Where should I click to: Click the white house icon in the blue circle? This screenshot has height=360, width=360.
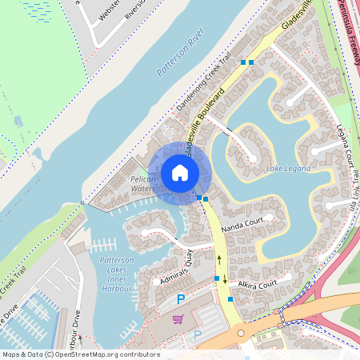pos(180,173)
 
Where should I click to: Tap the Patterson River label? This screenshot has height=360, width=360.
pos(181,58)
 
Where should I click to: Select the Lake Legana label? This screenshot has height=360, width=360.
pos(286,169)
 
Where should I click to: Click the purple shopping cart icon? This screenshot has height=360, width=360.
pos(178,318)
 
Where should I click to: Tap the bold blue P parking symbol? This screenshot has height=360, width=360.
pos(181,299)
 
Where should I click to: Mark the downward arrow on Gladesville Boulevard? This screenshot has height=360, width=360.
pos(225,279)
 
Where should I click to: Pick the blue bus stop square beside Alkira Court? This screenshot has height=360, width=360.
pos(230,298)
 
